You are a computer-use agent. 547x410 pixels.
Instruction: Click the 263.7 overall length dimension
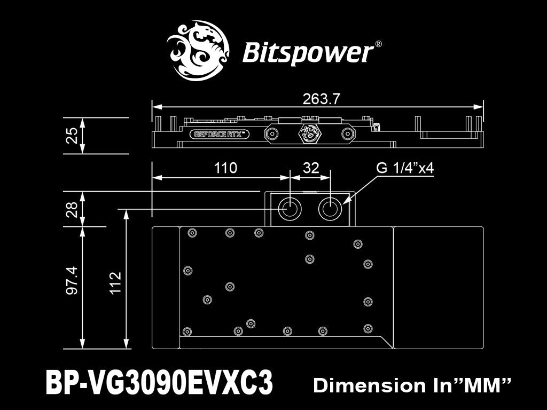coord(321,99)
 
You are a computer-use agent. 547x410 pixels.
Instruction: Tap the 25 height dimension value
coord(72,136)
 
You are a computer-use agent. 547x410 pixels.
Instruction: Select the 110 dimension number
coord(225,168)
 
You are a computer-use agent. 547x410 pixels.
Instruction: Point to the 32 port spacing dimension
coord(311,168)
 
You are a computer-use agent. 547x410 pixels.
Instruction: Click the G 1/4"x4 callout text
coord(405,168)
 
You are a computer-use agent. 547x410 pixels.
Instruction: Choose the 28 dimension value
coord(72,209)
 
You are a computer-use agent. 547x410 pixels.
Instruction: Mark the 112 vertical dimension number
coord(115,283)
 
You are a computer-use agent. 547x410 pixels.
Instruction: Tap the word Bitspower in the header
coord(308,53)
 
